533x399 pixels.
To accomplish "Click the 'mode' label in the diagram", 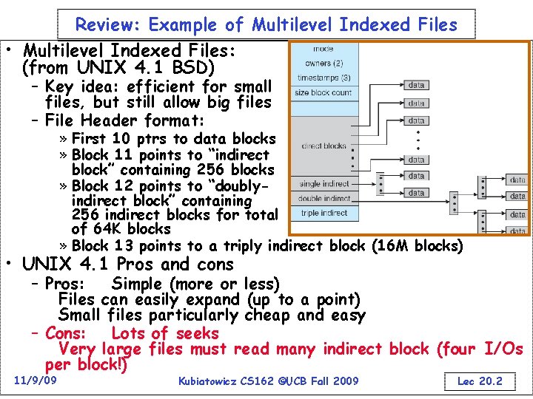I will coord(324,49).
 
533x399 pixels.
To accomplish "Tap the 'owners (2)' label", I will coord(324,64).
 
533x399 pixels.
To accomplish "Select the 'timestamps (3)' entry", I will coord(324,78).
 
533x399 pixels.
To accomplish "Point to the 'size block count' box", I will coord(324,92).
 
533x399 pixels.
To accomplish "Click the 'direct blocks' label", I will coord(324,146).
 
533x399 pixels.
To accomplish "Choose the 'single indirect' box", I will coord(324,184).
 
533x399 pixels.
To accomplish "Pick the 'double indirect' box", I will coord(324,198).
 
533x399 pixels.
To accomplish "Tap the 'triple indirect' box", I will coord(324,213).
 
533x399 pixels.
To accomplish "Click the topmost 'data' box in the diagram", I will coord(416,85).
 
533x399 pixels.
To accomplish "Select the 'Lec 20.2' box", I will coord(480,381).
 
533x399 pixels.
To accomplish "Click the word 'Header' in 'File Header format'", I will coord(111,120).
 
